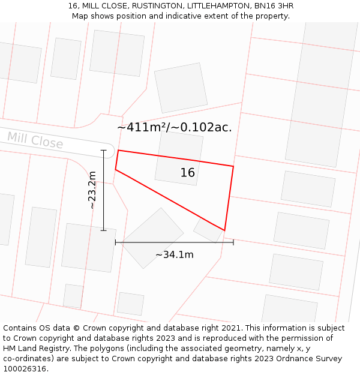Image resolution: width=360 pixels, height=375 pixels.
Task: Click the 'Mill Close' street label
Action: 35,140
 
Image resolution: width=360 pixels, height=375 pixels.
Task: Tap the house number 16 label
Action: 187,173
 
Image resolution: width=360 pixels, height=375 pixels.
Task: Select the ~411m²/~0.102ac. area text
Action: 174,127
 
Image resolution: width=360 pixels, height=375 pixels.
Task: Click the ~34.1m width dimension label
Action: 174,255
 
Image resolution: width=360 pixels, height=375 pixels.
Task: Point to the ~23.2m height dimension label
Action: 92,190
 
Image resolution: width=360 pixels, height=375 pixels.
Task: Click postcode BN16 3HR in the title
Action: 274,6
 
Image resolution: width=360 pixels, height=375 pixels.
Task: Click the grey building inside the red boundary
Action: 179,157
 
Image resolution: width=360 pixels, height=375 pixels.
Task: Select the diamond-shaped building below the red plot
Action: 152,238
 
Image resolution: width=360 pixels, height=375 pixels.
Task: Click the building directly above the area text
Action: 181,88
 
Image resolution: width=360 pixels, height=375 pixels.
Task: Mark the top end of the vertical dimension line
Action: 104,150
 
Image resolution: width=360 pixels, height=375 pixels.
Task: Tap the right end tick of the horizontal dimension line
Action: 233,242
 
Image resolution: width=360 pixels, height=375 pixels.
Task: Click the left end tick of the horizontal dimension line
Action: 115,242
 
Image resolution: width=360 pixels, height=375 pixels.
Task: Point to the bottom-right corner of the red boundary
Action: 224,230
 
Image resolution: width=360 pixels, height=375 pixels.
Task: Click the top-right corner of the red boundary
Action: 233,166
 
